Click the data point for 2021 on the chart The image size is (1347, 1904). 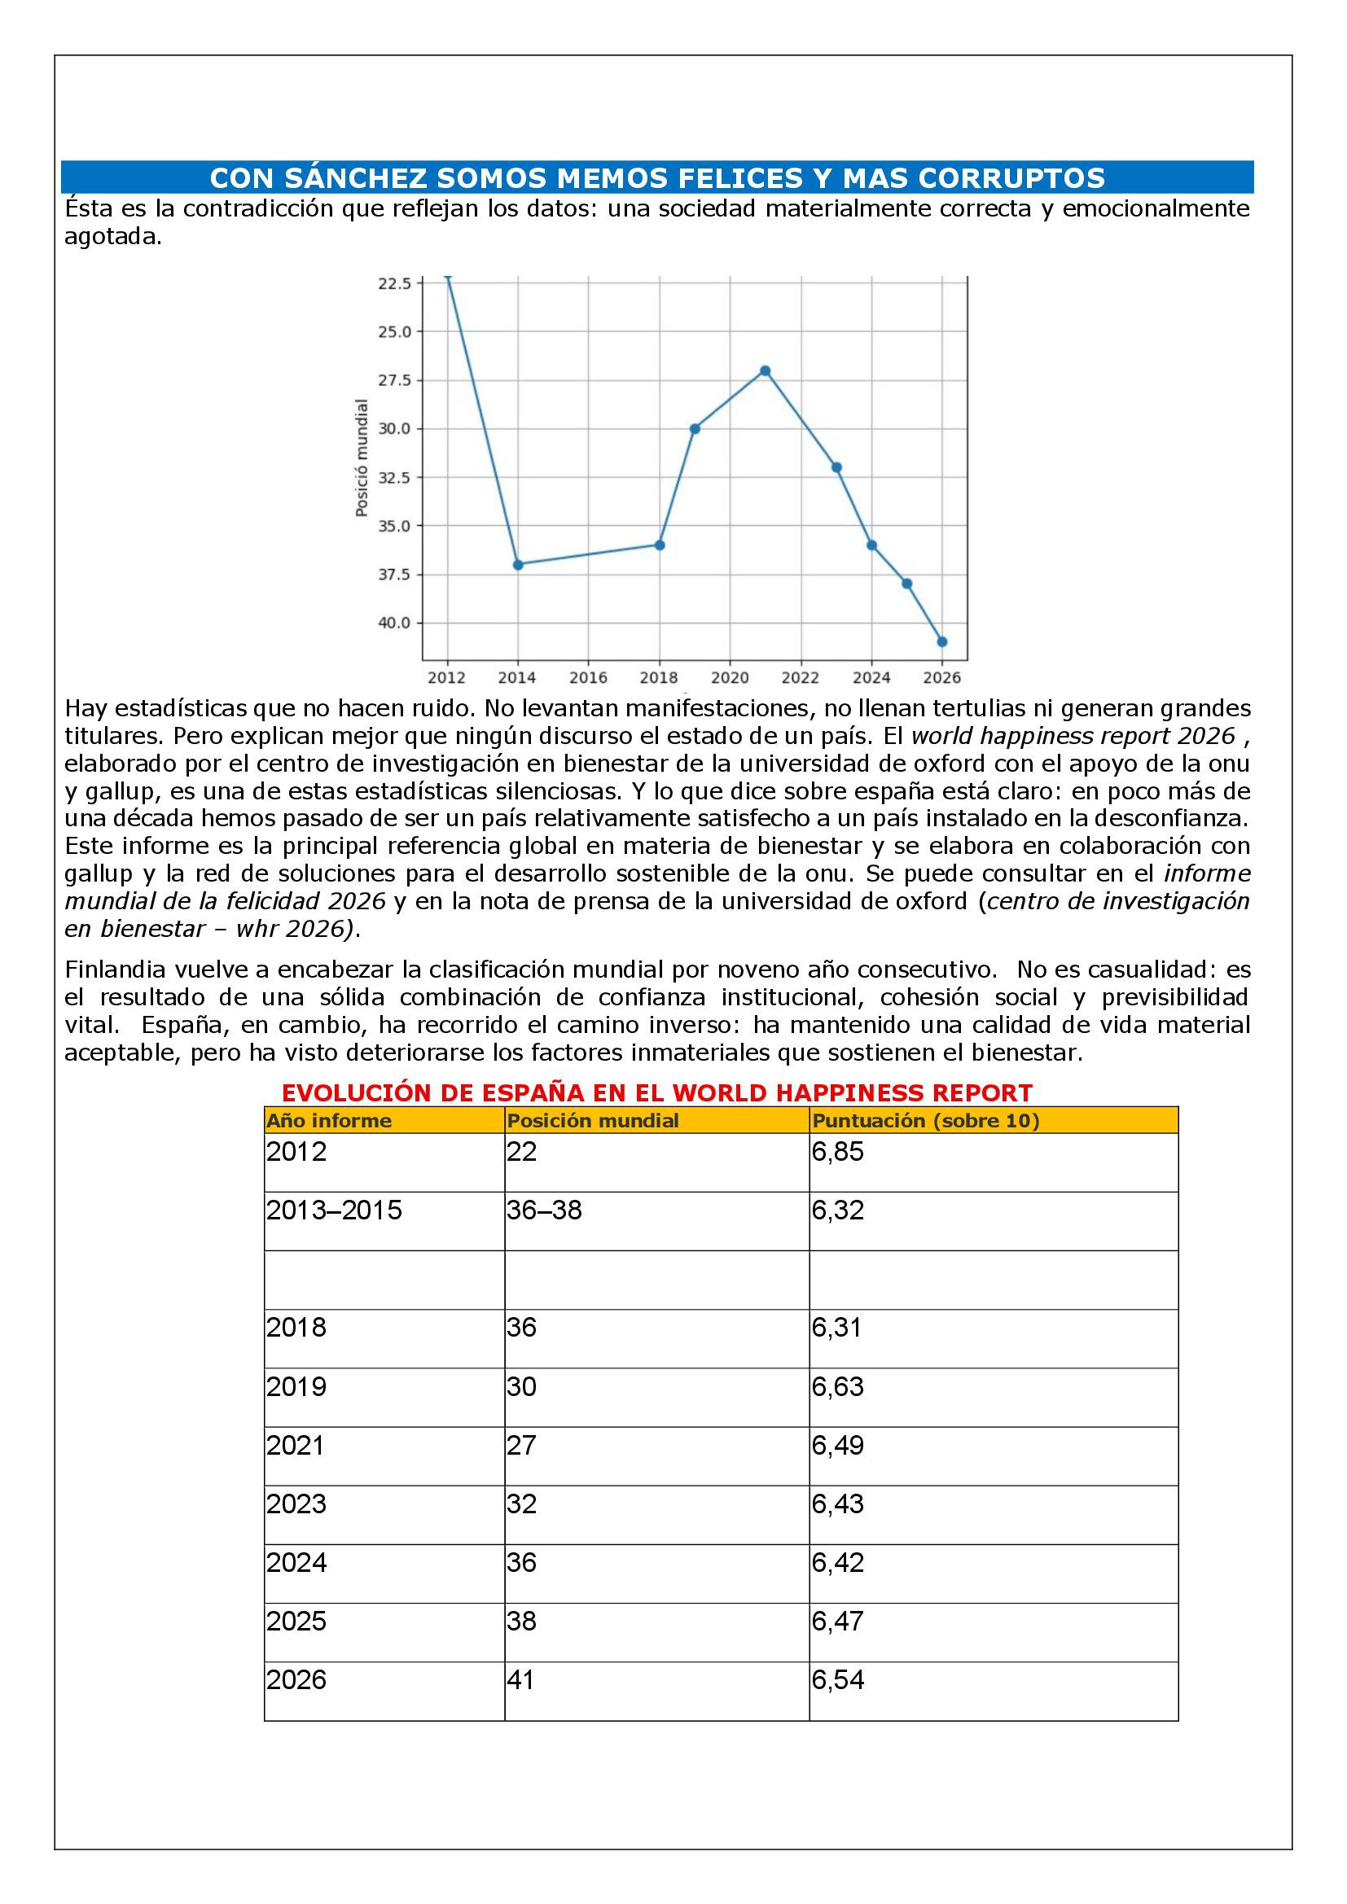[765, 370]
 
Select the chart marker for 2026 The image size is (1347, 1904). [941, 641]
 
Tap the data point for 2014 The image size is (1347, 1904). [518, 565]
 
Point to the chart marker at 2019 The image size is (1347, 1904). [694, 429]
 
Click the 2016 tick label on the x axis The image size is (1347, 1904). [588, 678]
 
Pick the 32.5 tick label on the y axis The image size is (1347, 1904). [394, 478]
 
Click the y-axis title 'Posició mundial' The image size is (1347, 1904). [362, 457]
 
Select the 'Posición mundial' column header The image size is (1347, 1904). [592, 1121]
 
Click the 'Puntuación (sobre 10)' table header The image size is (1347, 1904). [926, 1121]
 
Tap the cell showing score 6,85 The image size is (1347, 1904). [838, 1152]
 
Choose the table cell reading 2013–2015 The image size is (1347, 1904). [333, 1210]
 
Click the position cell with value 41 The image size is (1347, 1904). [522, 1680]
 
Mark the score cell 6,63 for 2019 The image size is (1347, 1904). [838, 1386]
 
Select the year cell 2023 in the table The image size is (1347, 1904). [296, 1504]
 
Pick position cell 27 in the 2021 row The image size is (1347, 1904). [522, 1446]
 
